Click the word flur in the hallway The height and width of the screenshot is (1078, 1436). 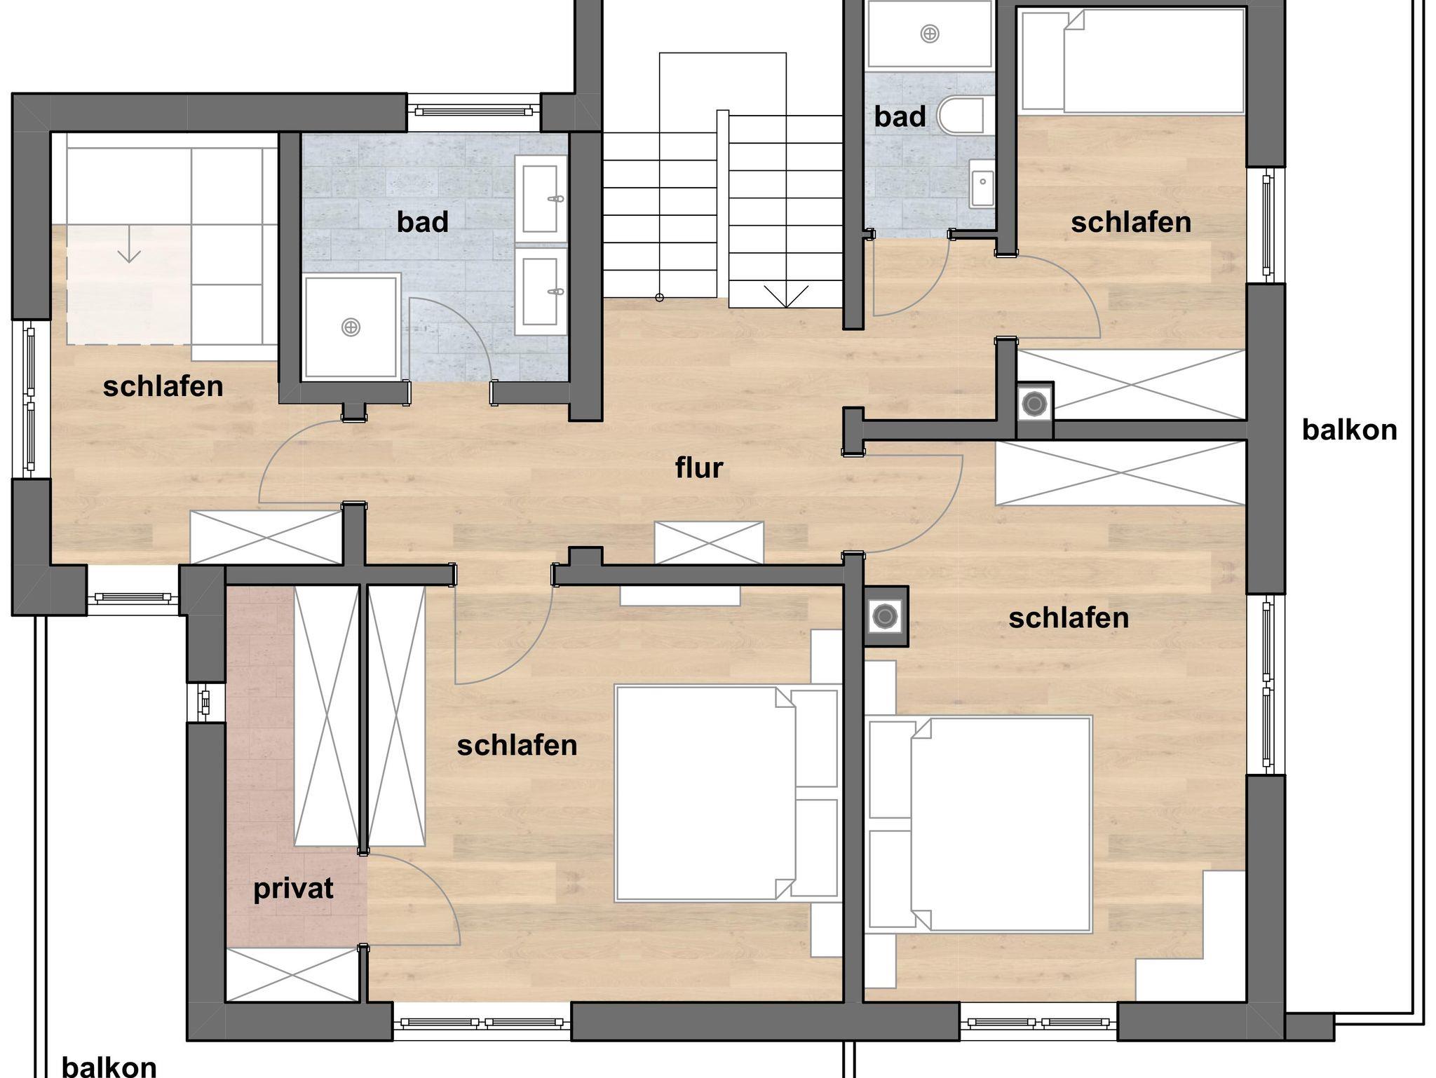[x=698, y=468]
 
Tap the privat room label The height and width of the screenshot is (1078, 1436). [x=293, y=889]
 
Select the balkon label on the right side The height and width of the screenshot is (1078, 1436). [x=1350, y=430]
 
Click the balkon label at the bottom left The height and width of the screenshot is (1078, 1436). [x=109, y=1067]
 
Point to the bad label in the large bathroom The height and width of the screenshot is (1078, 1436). [x=422, y=222]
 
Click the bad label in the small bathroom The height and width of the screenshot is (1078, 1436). [x=900, y=116]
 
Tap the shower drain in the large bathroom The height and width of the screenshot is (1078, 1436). [x=351, y=327]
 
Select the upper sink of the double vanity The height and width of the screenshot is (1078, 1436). [x=541, y=198]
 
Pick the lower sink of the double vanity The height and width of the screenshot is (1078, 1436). [x=541, y=291]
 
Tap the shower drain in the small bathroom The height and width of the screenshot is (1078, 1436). [x=930, y=33]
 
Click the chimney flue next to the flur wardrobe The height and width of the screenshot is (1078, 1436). [x=1034, y=403]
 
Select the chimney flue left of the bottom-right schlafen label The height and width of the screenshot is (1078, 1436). [x=885, y=617]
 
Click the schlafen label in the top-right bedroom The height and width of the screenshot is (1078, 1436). [x=1131, y=223]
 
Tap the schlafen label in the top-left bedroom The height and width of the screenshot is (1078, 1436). [x=163, y=387]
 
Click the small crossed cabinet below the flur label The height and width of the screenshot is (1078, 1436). [x=709, y=543]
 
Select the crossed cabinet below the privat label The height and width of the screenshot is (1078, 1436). [x=293, y=974]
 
